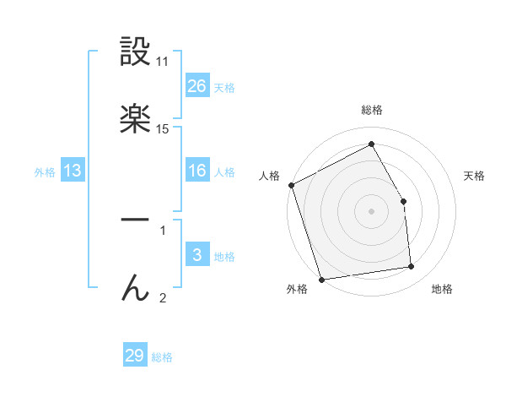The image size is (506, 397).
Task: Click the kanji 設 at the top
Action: [135, 53]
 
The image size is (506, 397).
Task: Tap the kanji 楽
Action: [135, 119]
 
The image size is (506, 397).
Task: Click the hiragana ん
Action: [135, 288]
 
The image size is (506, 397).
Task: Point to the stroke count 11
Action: [163, 63]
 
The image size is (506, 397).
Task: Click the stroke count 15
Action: [163, 128]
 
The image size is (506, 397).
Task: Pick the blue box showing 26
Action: [197, 86]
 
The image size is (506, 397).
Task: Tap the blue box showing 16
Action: [197, 171]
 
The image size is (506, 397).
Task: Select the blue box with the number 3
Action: [197, 256]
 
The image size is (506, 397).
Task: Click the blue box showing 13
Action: [73, 171]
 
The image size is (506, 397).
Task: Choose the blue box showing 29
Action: [135, 356]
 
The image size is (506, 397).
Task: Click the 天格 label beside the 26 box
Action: [224, 87]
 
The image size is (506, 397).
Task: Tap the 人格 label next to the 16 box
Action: [224, 171]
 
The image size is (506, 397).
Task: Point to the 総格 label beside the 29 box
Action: [162, 356]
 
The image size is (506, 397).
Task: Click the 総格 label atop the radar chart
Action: [372, 110]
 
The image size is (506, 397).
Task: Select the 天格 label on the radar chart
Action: [475, 176]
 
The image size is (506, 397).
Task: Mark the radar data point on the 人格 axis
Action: [291, 185]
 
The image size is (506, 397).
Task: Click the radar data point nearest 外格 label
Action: [321, 279]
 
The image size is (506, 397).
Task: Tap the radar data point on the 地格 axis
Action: [412, 267]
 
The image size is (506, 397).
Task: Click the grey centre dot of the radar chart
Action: [372, 211]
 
